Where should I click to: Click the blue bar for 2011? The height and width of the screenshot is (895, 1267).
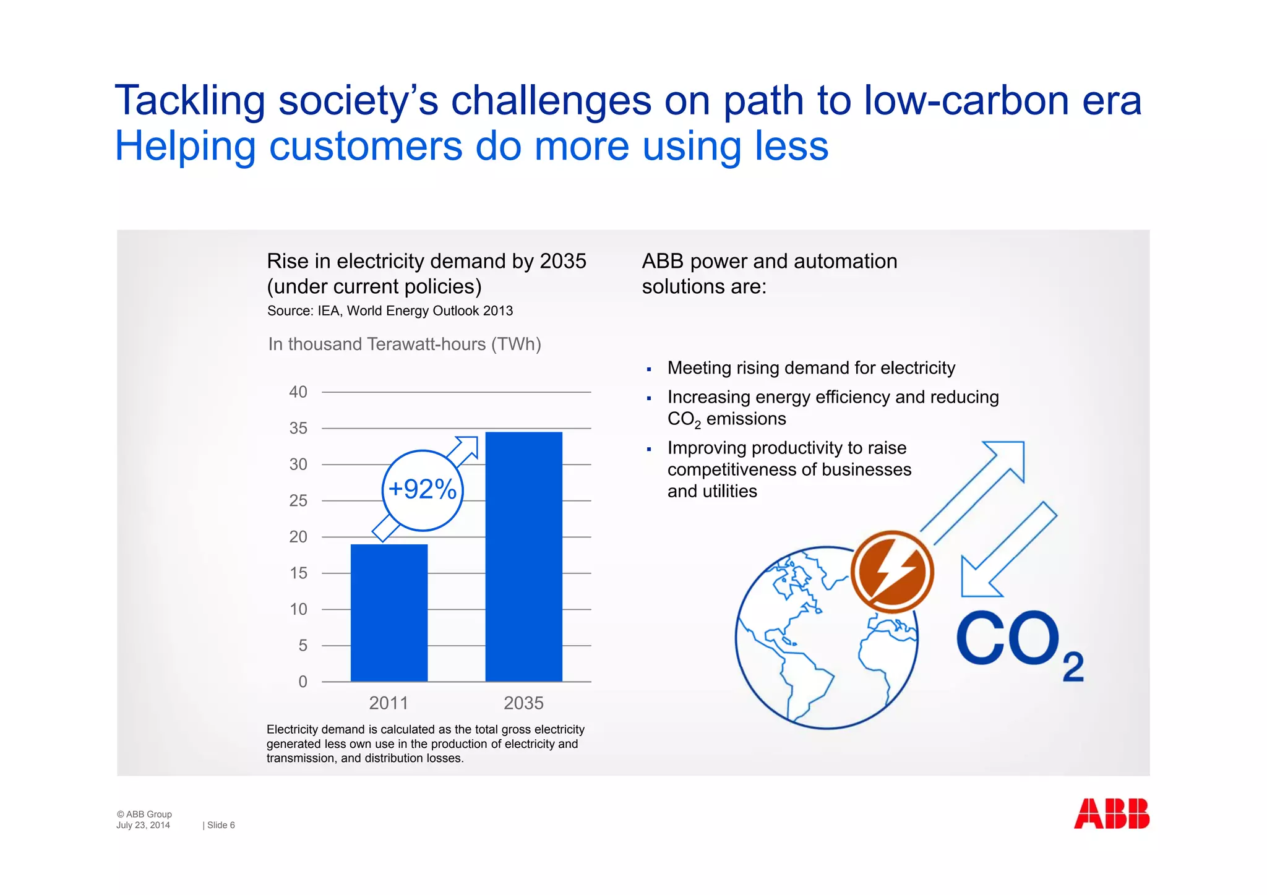(389, 612)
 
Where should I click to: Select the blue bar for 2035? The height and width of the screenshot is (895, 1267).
(523, 557)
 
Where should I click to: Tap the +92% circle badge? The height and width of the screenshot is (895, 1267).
(423, 490)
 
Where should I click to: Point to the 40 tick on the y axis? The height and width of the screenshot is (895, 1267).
(298, 392)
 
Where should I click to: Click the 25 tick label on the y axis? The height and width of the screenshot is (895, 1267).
(298, 501)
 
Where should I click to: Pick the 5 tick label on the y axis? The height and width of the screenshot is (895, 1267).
(303, 646)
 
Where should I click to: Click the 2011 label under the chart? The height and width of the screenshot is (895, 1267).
(389, 703)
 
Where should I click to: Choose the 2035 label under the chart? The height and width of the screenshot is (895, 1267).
(523, 703)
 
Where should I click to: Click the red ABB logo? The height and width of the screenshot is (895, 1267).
(1111, 813)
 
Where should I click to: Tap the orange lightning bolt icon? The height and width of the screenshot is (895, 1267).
(891, 572)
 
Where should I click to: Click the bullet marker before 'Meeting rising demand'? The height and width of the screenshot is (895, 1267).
(649, 370)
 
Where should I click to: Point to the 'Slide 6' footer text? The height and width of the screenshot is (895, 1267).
(220, 825)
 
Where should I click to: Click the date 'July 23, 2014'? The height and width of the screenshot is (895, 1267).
(143, 825)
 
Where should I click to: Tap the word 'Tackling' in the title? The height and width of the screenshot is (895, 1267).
(189, 100)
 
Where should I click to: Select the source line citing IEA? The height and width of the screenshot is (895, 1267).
(390, 311)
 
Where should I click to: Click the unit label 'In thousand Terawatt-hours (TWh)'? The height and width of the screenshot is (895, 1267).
(405, 344)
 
